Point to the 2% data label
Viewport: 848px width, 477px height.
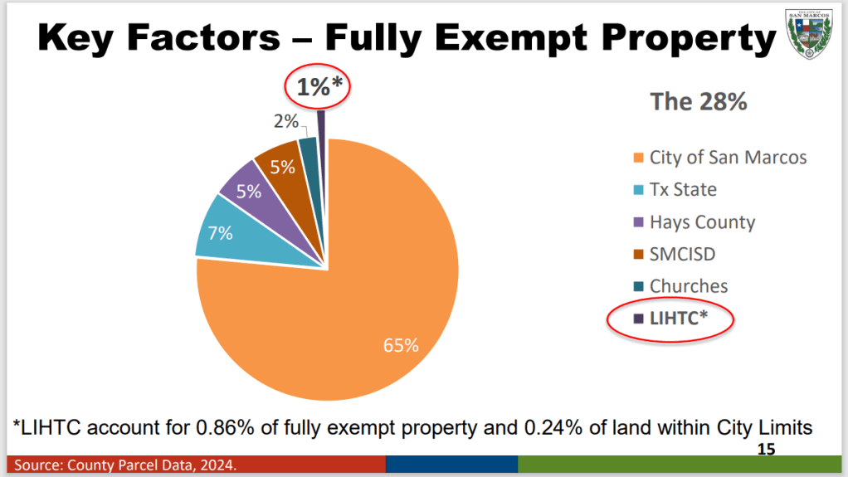tap(285, 122)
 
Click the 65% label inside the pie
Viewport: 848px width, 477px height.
tap(400, 345)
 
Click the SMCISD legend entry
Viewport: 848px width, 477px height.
tap(681, 254)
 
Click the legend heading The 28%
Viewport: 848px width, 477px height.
tap(698, 102)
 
